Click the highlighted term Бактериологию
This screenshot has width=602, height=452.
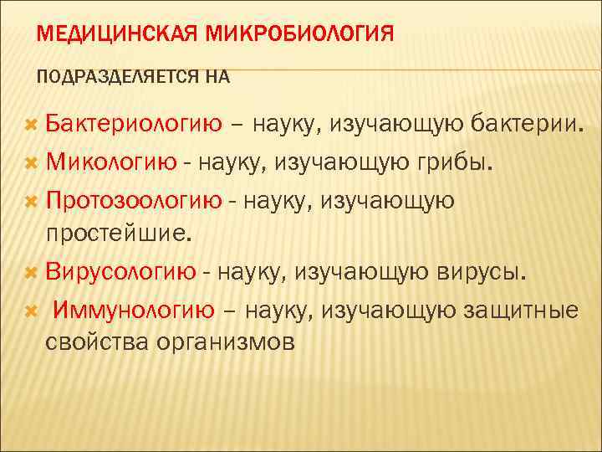[134, 126]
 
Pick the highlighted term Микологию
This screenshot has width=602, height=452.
[111, 162]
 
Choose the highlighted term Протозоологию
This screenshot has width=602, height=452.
[134, 201]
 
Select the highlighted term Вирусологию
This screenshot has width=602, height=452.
[121, 272]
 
